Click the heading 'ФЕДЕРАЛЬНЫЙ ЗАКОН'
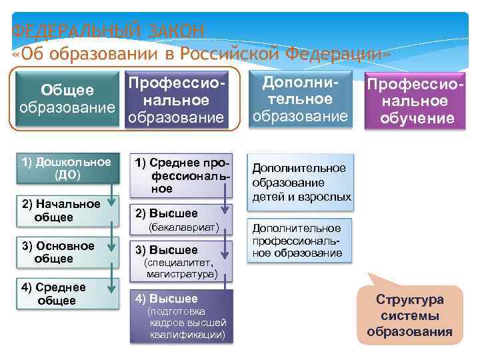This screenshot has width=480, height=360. (108, 31)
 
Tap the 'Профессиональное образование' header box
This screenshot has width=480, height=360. (176, 101)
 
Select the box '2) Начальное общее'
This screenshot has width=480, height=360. (61, 211)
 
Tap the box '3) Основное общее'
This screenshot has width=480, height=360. (61, 252)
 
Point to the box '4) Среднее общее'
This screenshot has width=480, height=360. (61, 293)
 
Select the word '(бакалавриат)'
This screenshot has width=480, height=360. (184, 228)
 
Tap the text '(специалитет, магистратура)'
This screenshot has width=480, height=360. (182, 268)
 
